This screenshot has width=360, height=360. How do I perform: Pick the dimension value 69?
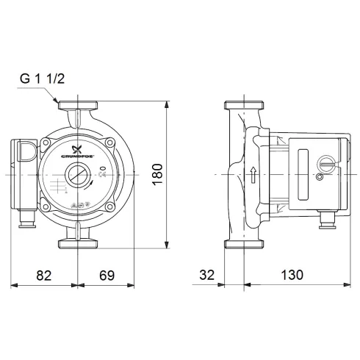[x=107, y=276]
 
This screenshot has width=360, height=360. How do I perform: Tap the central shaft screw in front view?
[x=76, y=176]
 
